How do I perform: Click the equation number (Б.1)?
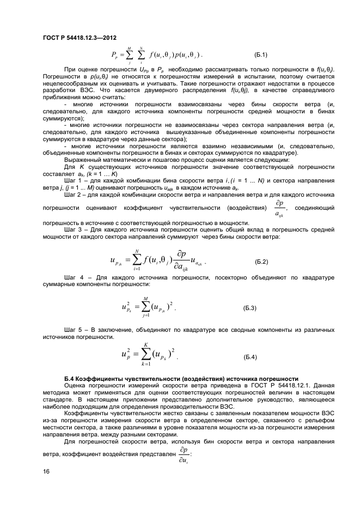[x=260, y=55]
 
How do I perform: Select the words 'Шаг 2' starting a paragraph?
[x=74, y=195]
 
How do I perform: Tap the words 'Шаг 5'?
[x=74, y=330]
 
